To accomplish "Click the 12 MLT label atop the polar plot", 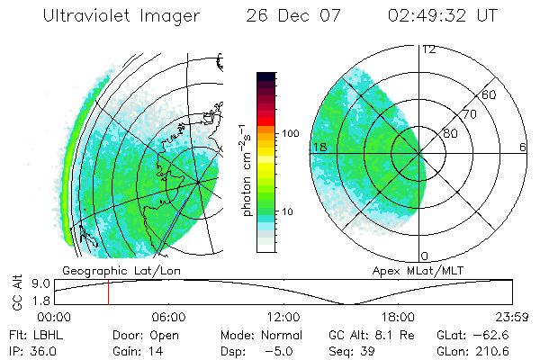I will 428,49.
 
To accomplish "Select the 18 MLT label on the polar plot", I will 319,146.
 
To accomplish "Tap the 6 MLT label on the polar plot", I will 522,146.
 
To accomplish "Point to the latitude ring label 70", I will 468,115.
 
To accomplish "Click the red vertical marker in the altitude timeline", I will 108,292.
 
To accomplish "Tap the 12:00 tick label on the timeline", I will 283,317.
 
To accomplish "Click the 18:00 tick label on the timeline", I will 398,317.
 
